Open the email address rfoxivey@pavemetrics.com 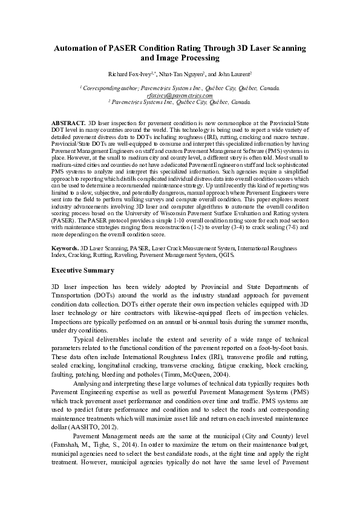180,96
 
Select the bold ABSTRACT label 68,122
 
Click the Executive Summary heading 82,270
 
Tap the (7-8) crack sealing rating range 284,228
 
